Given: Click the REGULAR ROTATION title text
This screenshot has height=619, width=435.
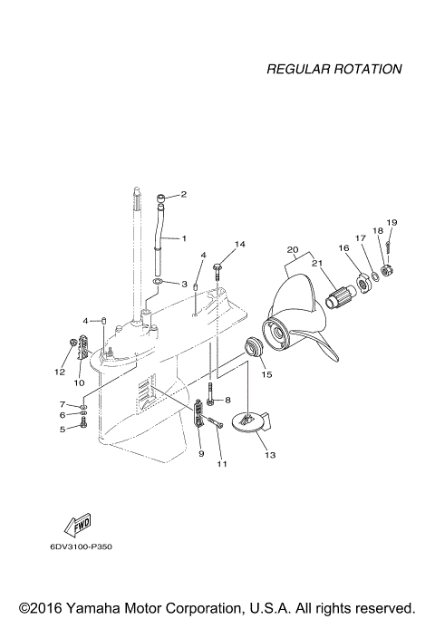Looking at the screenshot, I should pyautogui.click(x=334, y=69).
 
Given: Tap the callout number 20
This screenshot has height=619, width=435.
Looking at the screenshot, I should pyautogui.click(x=292, y=249).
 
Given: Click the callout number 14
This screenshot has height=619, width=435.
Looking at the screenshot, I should pyautogui.click(x=240, y=244).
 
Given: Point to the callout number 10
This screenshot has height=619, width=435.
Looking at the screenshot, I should pyautogui.click(x=79, y=382).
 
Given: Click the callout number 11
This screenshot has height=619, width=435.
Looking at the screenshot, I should pyautogui.click(x=221, y=465).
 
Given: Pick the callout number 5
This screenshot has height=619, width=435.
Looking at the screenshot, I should pyautogui.click(x=63, y=429).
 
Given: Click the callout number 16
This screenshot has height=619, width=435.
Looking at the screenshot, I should pyautogui.click(x=344, y=247).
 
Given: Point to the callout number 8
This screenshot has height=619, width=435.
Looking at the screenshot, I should pyautogui.click(x=227, y=400).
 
